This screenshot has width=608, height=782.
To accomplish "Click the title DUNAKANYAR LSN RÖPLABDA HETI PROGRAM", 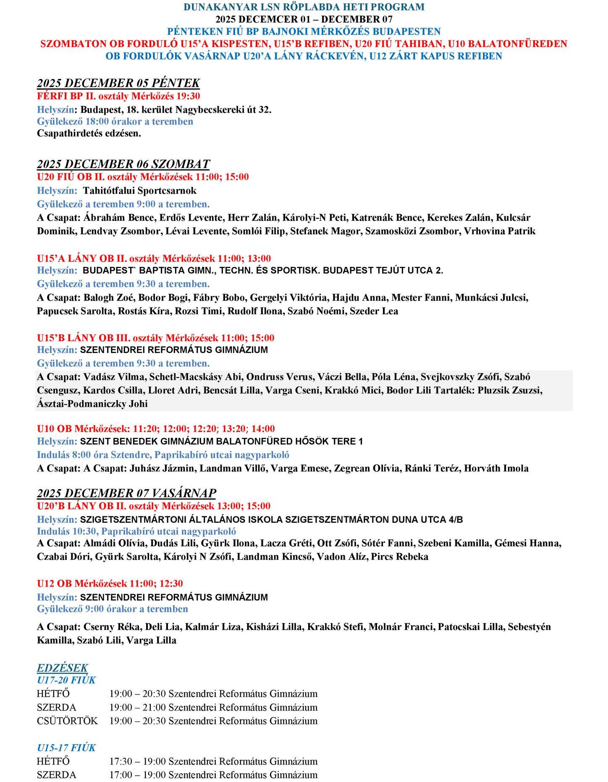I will [x=304, y=7].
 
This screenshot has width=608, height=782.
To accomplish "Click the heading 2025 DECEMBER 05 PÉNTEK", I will [x=118, y=83].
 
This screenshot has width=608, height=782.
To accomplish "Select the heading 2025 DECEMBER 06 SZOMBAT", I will [x=123, y=163].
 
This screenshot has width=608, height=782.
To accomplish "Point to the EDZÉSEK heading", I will [x=63, y=668].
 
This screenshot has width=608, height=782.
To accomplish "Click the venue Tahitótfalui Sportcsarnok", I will [x=139, y=190].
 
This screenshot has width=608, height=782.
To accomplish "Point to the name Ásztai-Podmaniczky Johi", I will [x=92, y=404].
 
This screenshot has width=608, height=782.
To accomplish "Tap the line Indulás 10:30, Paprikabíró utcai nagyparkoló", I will [x=136, y=531].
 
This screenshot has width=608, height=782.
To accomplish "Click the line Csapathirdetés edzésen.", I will [x=89, y=134].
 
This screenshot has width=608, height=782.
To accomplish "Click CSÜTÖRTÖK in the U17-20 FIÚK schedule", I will [x=67, y=721].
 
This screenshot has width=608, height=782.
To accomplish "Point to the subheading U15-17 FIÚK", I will [x=66, y=748].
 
